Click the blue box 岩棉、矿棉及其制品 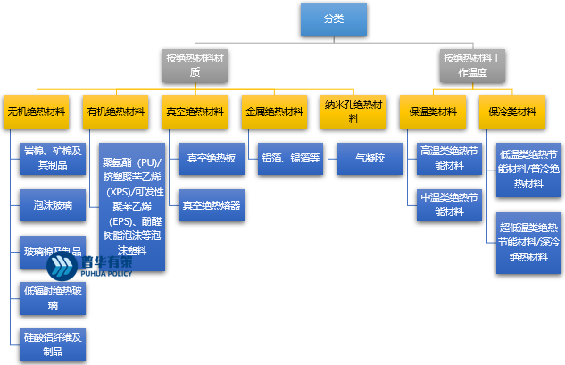click(52, 158)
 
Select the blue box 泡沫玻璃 click(52, 206)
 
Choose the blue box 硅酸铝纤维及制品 click(52, 344)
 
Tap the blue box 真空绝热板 click(211, 158)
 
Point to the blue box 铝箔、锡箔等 click(290, 158)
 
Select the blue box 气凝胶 click(370, 158)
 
